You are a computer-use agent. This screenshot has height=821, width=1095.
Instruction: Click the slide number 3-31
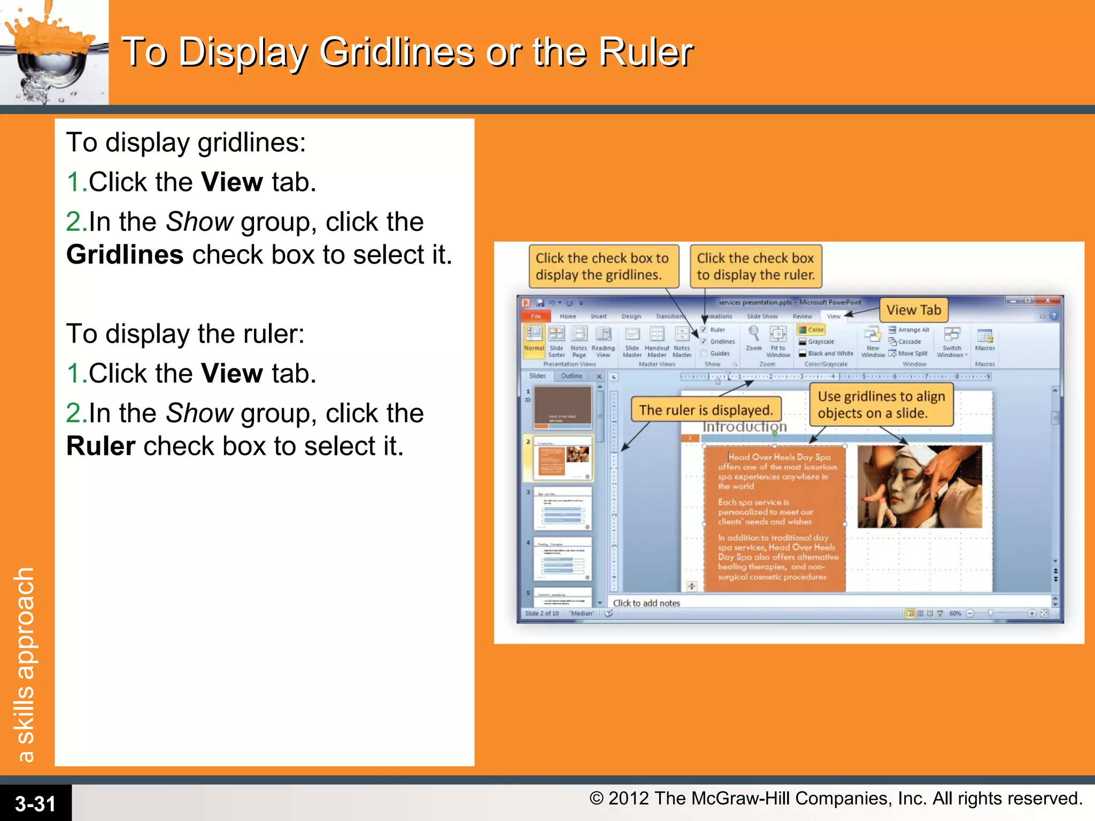point(35,803)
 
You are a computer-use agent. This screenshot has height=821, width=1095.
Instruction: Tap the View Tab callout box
point(913,310)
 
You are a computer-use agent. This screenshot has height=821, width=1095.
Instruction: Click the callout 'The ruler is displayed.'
point(706,410)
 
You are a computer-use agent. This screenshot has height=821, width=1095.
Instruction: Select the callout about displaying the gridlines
point(603,266)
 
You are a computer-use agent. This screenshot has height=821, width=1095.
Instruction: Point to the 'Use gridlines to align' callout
point(881,405)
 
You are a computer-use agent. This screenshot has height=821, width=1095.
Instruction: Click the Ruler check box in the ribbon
point(704,330)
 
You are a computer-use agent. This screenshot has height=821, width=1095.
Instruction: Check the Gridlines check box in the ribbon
point(704,342)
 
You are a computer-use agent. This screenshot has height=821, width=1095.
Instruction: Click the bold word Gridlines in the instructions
point(125,254)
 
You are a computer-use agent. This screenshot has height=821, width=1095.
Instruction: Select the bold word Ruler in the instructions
point(101,446)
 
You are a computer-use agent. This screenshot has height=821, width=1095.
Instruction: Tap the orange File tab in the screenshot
point(536,316)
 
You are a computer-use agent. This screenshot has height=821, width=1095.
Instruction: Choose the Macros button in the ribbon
point(984,339)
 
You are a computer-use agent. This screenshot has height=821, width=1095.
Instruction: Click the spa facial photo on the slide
point(919,486)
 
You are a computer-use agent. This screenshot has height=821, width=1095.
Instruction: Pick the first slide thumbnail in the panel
point(563,407)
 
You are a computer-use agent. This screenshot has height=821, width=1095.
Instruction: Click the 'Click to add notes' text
point(646,603)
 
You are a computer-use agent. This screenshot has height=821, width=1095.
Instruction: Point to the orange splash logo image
point(53,52)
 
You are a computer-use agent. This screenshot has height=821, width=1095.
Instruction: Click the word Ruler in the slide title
point(645,52)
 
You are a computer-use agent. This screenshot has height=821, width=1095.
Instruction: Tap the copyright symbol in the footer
point(597,799)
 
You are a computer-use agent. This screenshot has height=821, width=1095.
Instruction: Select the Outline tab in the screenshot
point(572,376)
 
